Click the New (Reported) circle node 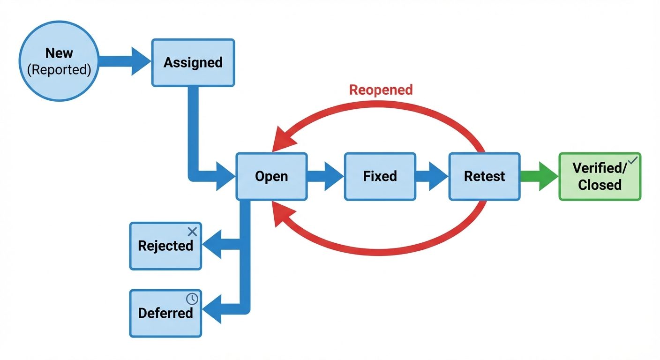click(59, 61)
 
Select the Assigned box click(193, 63)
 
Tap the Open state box click(271, 176)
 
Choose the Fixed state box click(380, 176)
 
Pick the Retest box click(484, 176)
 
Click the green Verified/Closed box click(599, 177)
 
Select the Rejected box click(165, 246)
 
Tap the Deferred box click(165, 313)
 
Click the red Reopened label click(381, 90)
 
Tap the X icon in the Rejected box click(192, 232)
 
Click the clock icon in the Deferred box click(192, 299)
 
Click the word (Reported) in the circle click(59, 69)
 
